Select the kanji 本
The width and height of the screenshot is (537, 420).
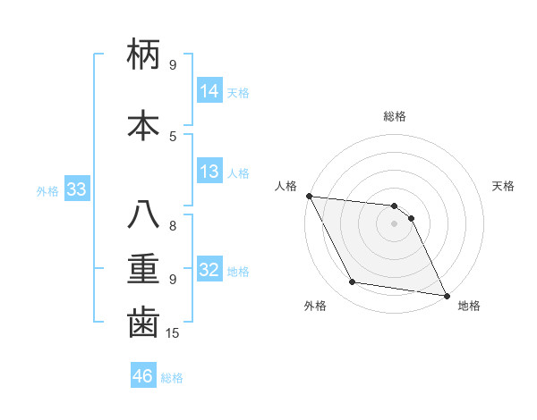[x=143, y=123]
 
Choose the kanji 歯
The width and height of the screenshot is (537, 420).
[x=143, y=322]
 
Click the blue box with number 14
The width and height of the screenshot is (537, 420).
[x=209, y=91]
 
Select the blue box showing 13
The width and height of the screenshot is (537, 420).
[x=209, y=172]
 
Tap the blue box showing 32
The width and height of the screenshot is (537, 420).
[x=209, y=270]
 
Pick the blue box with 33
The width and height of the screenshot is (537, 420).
[x=76, y=189]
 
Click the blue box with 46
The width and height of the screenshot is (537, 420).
[x=143, y=376]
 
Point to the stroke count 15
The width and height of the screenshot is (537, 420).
[x=175, y=333]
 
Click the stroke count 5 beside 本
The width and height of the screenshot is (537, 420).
[x=173, y=136]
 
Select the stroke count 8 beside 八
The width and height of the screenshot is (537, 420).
[x=173, y=226]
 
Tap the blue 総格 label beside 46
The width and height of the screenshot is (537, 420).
[x=172, y=378]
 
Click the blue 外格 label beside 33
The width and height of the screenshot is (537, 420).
[x=47, y=190]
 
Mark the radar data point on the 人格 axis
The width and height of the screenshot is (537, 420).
[x=309, y=196]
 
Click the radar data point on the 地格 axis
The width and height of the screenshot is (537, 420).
[x=445, y=295]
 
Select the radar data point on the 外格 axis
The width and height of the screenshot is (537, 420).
[x=353, y=283]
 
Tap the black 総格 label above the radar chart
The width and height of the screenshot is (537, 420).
[x=395, y=116]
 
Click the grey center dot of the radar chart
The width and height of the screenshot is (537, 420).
[x=395, y=223]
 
